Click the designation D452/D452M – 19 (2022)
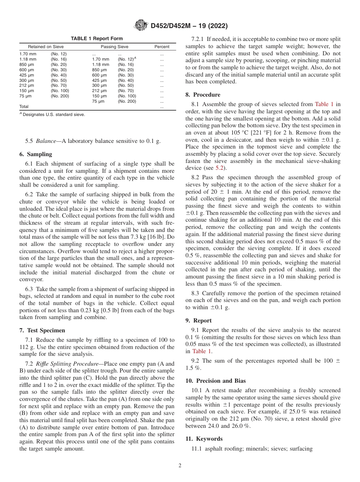pos(189,26)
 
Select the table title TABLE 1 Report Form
pos(97,39)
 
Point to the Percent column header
pos(162,47)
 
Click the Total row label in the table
pos(24,107)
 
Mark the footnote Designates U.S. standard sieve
pos(53,114)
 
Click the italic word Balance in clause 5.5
pos(45,141)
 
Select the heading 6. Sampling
pos(36,155)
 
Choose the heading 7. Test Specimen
pos(42,330)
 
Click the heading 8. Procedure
pos(203,95)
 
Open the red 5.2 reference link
pos(220,168)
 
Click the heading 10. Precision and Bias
pos(216,381)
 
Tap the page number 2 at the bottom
pos(180,466)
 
